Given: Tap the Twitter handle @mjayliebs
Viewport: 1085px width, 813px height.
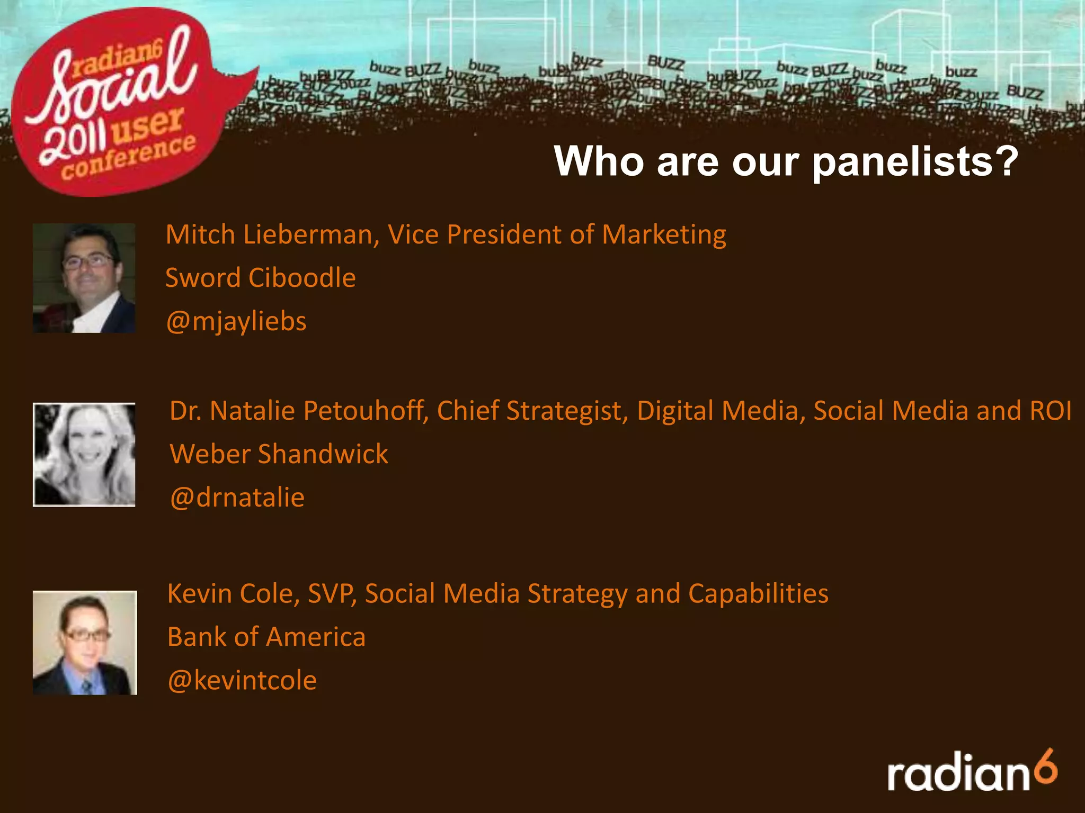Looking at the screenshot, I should click(x=236, y=322).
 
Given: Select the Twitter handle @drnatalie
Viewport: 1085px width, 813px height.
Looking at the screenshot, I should click(x=237, y=498).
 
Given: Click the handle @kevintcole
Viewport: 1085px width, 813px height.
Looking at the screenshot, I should click(x=242, y=680).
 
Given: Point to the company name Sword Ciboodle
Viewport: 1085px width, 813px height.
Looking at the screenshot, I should click(x=260, y=278).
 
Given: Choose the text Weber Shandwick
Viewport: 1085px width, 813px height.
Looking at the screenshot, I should click(x=279, y=454).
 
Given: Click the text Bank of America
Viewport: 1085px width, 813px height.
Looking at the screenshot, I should click(x=266, y=637).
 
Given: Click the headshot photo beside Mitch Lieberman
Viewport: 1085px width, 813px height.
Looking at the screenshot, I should click(x=84, y=278).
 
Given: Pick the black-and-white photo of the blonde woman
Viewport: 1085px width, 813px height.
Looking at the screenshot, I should click(x=84, y=454).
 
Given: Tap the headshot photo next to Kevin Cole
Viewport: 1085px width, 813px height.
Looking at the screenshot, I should click(x=85, y=642).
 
